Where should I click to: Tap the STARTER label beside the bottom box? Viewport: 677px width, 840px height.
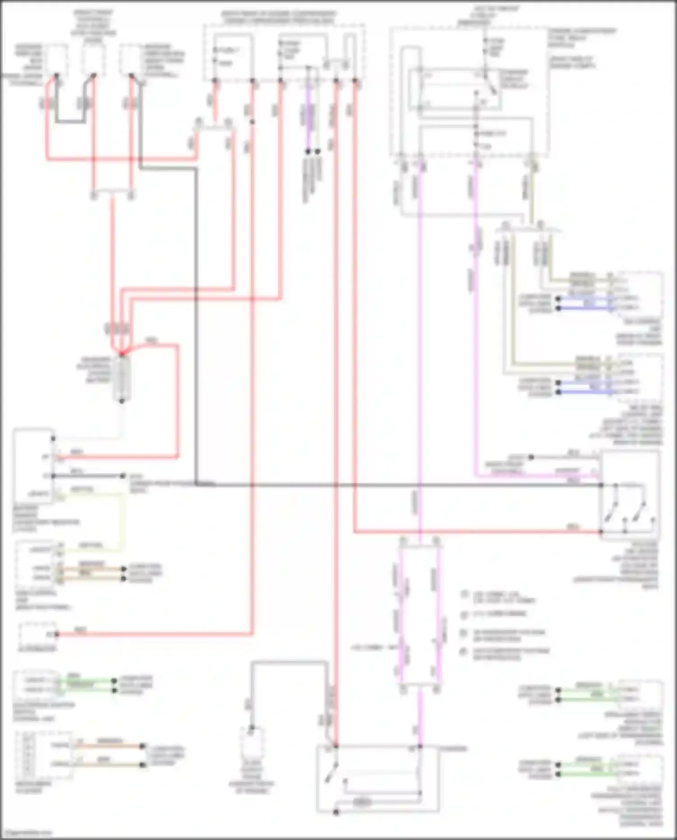click(x=454, y=749)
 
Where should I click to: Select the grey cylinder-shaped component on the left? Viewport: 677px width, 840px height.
click(x=121, y=378)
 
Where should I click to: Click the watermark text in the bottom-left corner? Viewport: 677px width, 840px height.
click(x=26, y=833)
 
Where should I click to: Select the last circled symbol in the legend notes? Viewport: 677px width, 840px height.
click(x=464, y=652)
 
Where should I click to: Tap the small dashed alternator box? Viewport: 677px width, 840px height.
click(x=37, y=634)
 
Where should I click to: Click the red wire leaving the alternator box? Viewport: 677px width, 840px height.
click(x=153, y=634)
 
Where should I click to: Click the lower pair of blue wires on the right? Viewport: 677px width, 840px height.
click(x=584, y=388)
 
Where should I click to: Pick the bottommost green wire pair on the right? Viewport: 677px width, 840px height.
click(x=584, y=769)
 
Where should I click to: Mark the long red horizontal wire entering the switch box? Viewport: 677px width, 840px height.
click(x=474, y=532)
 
